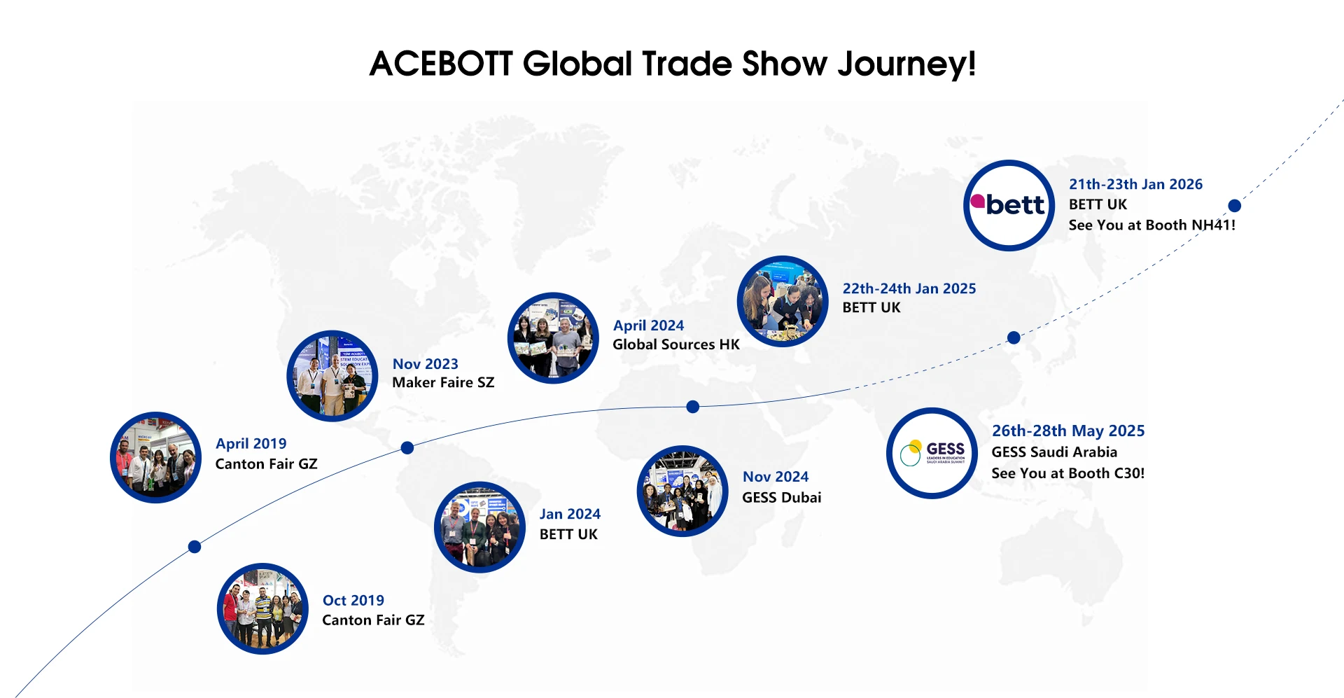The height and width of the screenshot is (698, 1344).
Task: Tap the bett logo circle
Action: (1009, 205)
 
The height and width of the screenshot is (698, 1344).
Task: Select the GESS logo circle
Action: (932, 453)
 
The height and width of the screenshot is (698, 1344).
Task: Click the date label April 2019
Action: (251, 444)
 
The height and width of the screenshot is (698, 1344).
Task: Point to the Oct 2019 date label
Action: (353, 600)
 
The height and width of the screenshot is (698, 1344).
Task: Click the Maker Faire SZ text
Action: (443, 382)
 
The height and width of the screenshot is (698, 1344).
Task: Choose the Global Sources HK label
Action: (676, 344)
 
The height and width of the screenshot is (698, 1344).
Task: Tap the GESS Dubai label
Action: (782, 497)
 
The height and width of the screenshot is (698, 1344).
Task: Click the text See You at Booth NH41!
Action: (1152, 225)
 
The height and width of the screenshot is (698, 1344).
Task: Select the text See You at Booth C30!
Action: (1068, 473)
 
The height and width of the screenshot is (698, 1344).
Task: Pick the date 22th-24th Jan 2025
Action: (909, 288)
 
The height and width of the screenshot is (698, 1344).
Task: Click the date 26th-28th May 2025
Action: (1068, 431)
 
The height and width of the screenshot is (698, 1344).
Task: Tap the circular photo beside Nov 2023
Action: (332, 376)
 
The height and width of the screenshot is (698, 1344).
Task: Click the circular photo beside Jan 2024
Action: (479, 527)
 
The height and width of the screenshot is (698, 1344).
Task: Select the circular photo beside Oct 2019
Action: (262, 609)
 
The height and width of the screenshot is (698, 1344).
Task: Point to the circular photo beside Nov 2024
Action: (682, 491)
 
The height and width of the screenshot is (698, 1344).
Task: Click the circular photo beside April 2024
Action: (553, 338)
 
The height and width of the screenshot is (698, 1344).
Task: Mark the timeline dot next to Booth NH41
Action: (1235, 206)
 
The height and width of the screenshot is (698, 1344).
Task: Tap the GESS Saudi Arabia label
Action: (1054, 452)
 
